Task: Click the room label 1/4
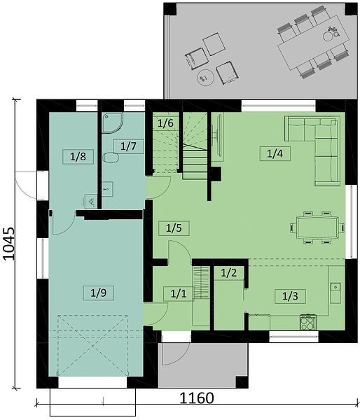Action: tap(275, 154)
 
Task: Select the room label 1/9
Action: tap(98, 293)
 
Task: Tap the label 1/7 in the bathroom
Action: tap(128, 146)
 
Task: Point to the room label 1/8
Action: tap(78, 157)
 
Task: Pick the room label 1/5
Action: tap(174, 228)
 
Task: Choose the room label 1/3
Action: tap(290, 296)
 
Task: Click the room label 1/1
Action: tap(179, 294)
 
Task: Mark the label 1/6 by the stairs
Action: tap(165, 123)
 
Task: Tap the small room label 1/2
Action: tap(228, 273)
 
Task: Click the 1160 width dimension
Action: tap(197, 398)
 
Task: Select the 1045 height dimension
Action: tap(9, 244)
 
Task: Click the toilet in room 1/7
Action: tap(111, 157)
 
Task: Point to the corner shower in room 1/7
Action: tap(113, 122)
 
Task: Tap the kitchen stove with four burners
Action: tap(308, 322)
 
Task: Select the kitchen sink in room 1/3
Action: tap(335, 293)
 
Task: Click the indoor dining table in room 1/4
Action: tap(317, 227)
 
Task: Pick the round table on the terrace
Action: tap(205, 78)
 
